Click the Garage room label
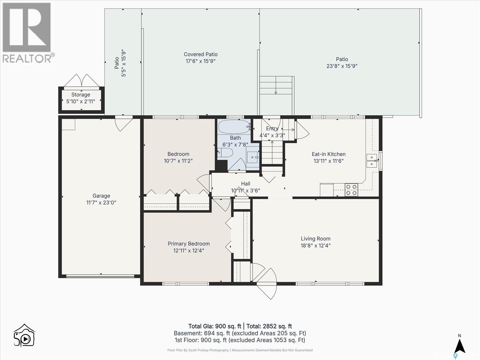(101, 196)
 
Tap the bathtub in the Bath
(234, 127)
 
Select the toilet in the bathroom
(226, 153)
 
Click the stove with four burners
(351, 190)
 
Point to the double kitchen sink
(372, 160)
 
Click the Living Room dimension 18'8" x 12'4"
(316, 245)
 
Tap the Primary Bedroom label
(188, 244)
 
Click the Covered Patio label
(200, 54)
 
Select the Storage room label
(80, 94)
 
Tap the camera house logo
(24, 335)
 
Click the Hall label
(245, 184)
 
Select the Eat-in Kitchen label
(328, 154)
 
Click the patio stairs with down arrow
(276, 85)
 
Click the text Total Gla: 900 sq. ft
(214, 326)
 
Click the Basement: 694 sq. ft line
(240, 333)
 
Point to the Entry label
(272, 128)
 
